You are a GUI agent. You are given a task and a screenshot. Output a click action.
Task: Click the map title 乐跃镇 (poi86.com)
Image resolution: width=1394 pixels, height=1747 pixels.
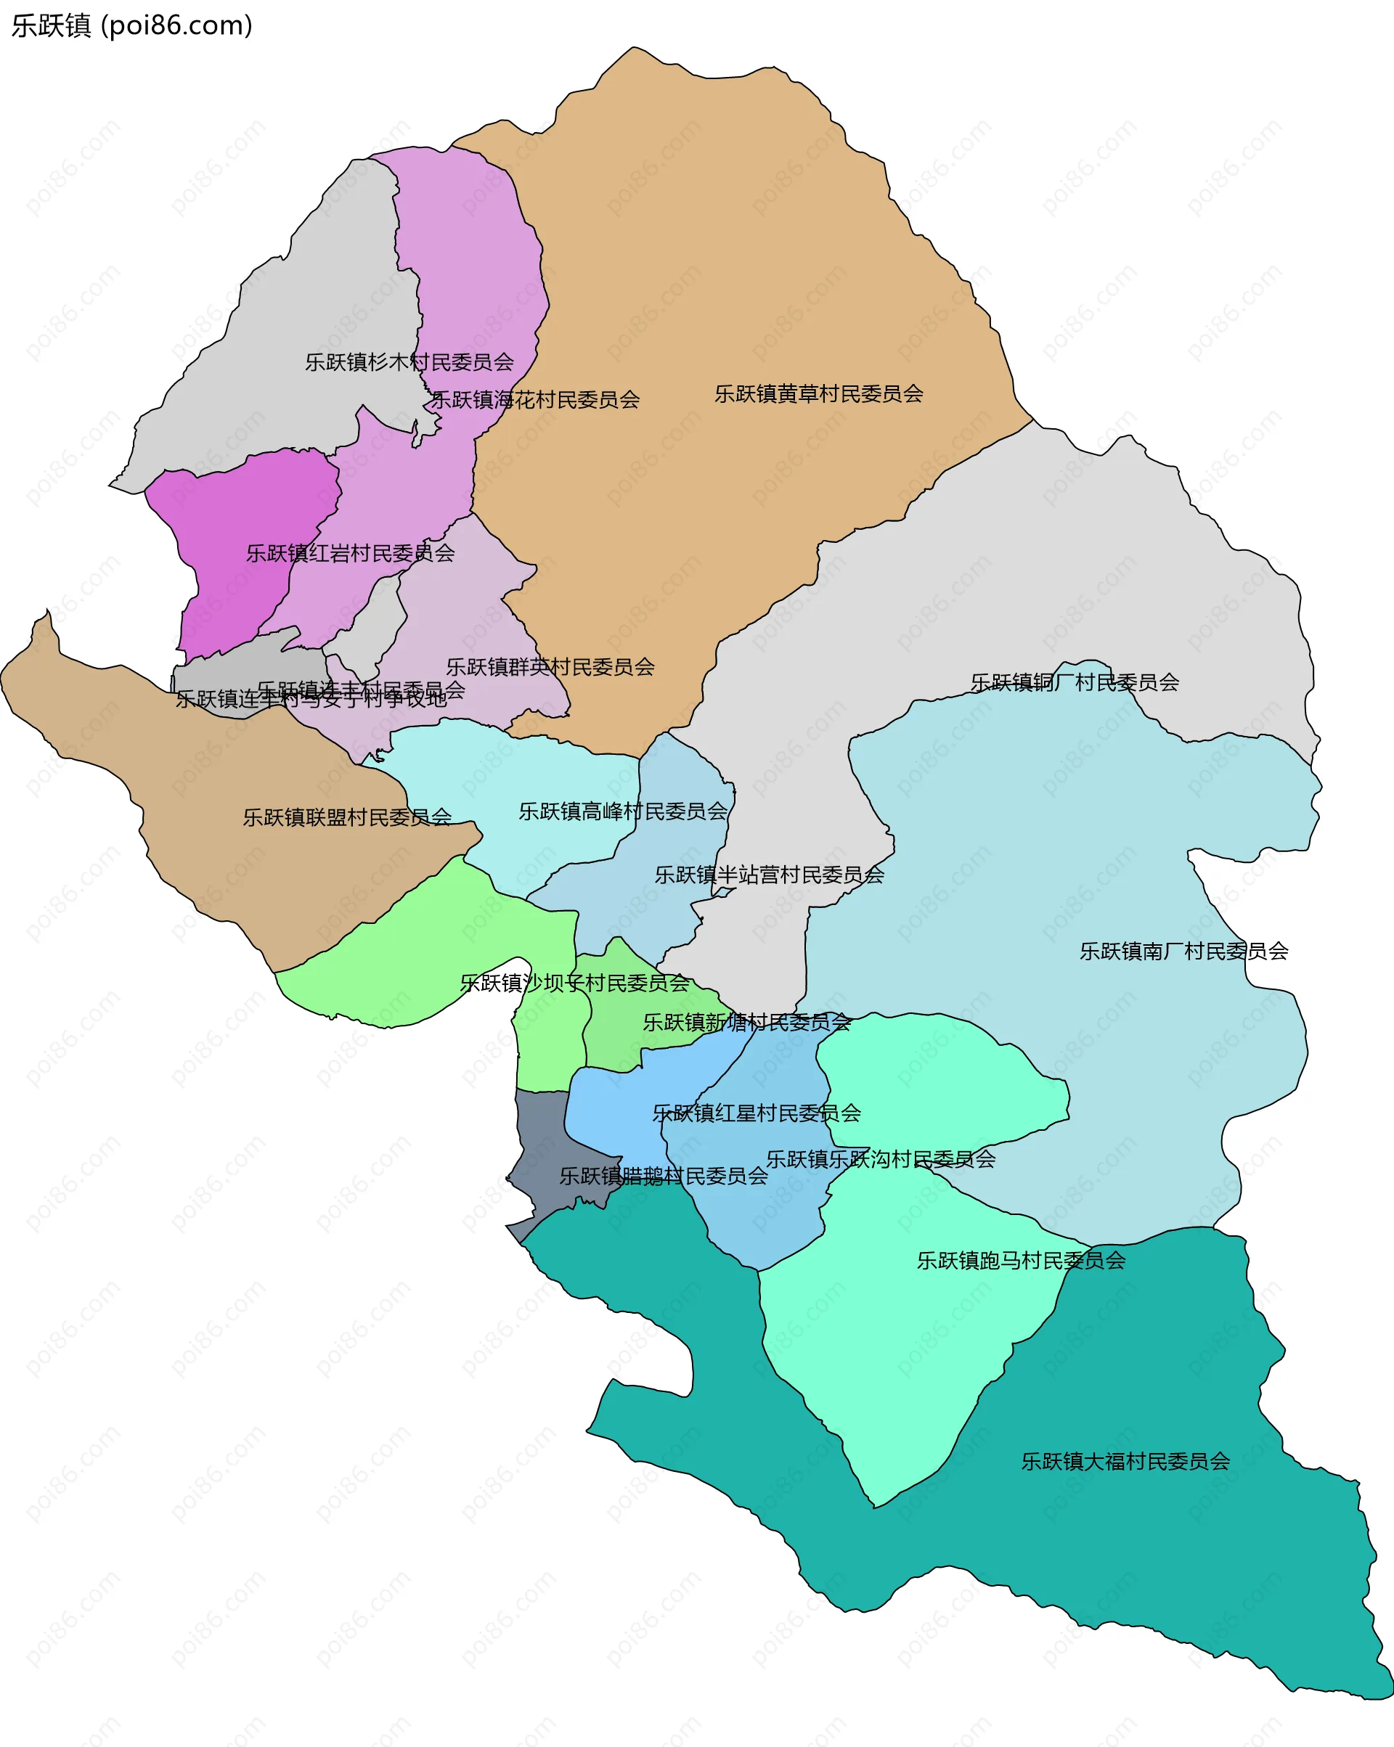(x=132, y=26)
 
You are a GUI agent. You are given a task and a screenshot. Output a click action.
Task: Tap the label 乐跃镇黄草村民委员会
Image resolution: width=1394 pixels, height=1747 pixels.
(x=818, y=394)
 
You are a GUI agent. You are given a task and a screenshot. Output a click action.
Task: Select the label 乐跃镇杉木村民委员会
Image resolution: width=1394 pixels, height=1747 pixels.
(x=409, y=362)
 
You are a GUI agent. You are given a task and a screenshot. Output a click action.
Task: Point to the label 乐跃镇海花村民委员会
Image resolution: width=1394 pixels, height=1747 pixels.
(x=535, y=399)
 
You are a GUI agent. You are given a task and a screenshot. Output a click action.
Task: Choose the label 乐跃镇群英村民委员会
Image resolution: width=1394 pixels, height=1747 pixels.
(x=550, y=667)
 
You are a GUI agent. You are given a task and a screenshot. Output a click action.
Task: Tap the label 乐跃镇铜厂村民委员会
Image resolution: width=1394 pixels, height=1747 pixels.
(x=1075, y=682)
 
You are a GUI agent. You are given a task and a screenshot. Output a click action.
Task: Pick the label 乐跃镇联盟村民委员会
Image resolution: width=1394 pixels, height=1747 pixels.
(x=347, y=817)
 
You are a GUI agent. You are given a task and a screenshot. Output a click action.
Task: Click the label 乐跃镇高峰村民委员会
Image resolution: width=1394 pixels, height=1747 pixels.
(x=623, y=811)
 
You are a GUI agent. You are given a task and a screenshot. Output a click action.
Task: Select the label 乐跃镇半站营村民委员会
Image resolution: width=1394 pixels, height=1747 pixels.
(x=769, y=875)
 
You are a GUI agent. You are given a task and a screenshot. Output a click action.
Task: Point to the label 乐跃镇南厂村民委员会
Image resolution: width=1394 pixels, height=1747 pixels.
(x=1183, y=952)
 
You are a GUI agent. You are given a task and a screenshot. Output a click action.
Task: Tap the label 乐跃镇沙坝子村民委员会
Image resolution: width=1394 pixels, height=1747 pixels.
(x=574, y=983)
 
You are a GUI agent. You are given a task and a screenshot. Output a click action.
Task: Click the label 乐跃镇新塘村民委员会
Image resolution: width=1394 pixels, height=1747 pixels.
(x=746, y=1023)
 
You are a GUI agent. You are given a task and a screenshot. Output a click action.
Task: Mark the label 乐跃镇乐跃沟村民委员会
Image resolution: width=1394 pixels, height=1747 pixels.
(x=880, y=1160)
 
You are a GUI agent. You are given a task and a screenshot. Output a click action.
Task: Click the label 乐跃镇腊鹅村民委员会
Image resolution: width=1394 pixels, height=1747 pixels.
(x=663, y=1176)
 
